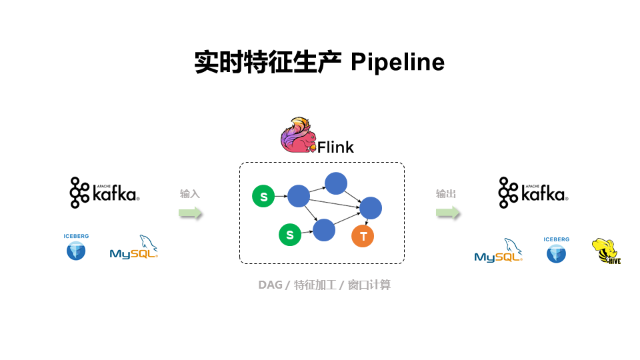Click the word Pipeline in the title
pos(397,63)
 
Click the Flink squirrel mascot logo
pos(297,135)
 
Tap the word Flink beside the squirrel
pos(335,147)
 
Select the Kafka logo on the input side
pos(104,193)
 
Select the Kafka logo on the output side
pos(533,193)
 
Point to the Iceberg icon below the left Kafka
pos(76,247)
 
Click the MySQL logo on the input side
pos(134,247)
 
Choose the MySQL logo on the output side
pos(498,251)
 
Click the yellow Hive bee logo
pos(605,252)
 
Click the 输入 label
pos(189,194)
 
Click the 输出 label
pos(446,194)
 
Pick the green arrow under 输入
pos(190,213)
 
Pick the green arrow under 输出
pos(448,213)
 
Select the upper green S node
pos(263,197)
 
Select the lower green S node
pos(289,235)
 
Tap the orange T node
pos(363,236)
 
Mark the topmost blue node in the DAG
pos(336,183)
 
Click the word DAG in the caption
pos(270,285)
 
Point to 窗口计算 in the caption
pos(369,285)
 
